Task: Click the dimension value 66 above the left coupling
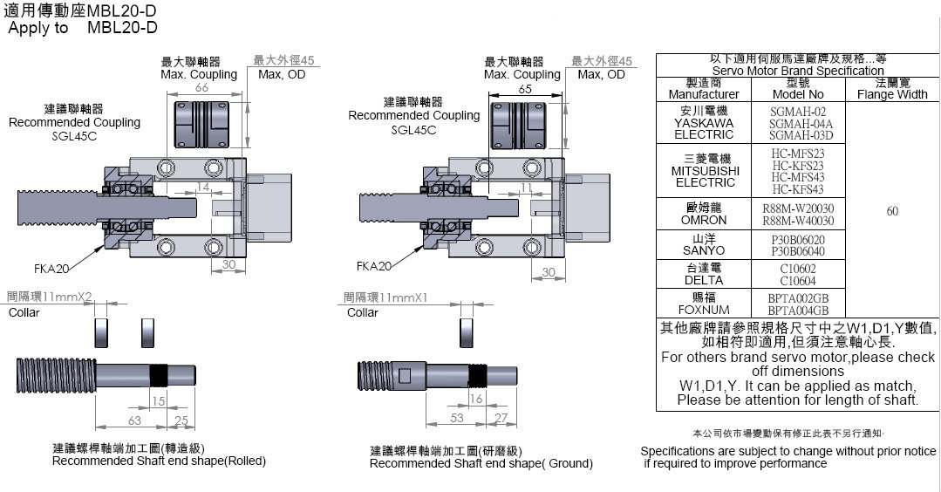click(201, 89)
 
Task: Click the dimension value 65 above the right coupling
click(525, 89)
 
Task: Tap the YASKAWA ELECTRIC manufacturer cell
click(704, 123)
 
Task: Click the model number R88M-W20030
click(798, 208)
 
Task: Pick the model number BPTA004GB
click(798, 310)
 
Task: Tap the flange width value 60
click(892, 211)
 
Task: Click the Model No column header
click(798, 88)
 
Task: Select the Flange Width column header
click(892, 88)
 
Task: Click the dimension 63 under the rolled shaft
click(135, 420)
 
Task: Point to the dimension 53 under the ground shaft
click(457, 418)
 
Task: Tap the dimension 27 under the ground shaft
click(501, 418)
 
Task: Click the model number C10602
click(798, 270)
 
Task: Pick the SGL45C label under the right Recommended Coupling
click(414, 130)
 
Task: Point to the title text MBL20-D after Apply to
click(122, 27)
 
